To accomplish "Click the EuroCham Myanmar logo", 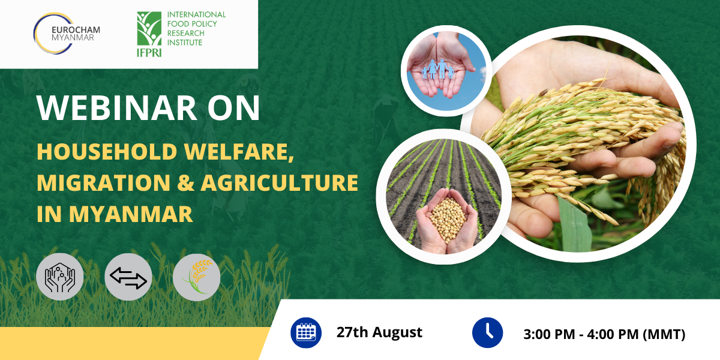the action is coord(67,34).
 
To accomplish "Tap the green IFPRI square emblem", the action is coord(149,29).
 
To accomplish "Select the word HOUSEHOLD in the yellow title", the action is coord(107,151).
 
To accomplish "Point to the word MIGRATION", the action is coord(103,182).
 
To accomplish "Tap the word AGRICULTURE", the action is coord(280,182).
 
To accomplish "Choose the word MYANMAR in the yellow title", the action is coord(131,214).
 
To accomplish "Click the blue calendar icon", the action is coord(306,332).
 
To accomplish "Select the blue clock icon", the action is coord(487,332).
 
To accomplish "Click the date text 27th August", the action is coord(379,332).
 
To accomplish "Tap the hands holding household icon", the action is coord(60,277).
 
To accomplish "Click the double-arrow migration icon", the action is coord(128,277).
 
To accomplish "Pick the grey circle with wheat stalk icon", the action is coord(196,277).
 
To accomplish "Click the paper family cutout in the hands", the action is coord(438,69).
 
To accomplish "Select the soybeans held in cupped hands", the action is coord(448,219).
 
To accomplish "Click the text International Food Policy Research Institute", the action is coord(196,28).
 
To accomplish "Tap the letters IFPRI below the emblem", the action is coord(149,52).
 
